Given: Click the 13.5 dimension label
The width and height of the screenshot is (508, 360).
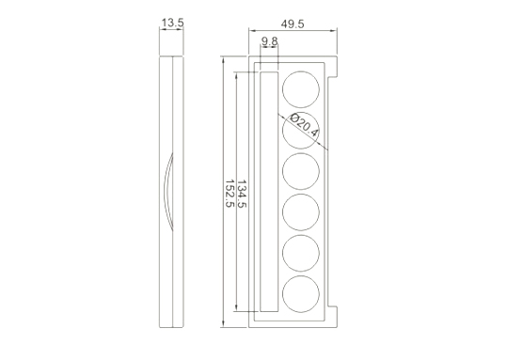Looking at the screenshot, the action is tap(172, 23).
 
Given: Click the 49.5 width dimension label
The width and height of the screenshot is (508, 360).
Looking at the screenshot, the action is tap(293, 23).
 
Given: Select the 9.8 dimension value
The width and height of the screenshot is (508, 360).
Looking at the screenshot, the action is tap(270, 41).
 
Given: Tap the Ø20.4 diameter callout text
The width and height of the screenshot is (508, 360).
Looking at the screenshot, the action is tap(304, 124).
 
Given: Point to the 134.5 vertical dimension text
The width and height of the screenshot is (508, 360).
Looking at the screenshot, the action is tap(242, 194).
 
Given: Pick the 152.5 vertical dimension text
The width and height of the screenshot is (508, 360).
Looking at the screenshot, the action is tap(230, 194).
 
